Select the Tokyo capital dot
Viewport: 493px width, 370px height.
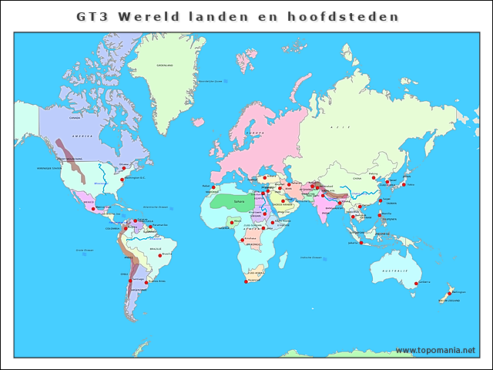point(404,184)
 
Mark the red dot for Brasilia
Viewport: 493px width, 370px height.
point(159,255)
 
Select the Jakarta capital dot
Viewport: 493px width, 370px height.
point(361,242)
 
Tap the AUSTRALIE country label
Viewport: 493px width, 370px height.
point(397,270)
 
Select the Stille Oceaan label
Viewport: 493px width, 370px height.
point(85,250)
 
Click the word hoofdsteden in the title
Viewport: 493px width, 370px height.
point(356,15)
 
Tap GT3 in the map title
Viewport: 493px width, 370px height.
point(95,15)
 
